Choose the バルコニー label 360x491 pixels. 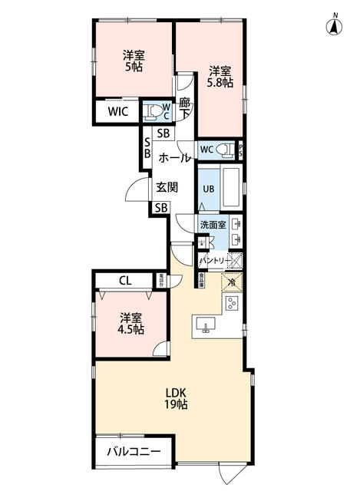coord(133,452)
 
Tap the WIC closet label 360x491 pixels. coord(118,112)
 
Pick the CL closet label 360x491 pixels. coord(124,281)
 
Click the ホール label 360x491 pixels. coord(175,158)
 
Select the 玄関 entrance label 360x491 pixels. coord(167,186)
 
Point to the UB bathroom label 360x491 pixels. coord(208,188)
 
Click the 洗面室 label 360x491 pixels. coord(213,225)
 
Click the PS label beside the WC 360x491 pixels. coord(242,150)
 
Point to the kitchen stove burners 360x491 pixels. coord(233,304)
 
